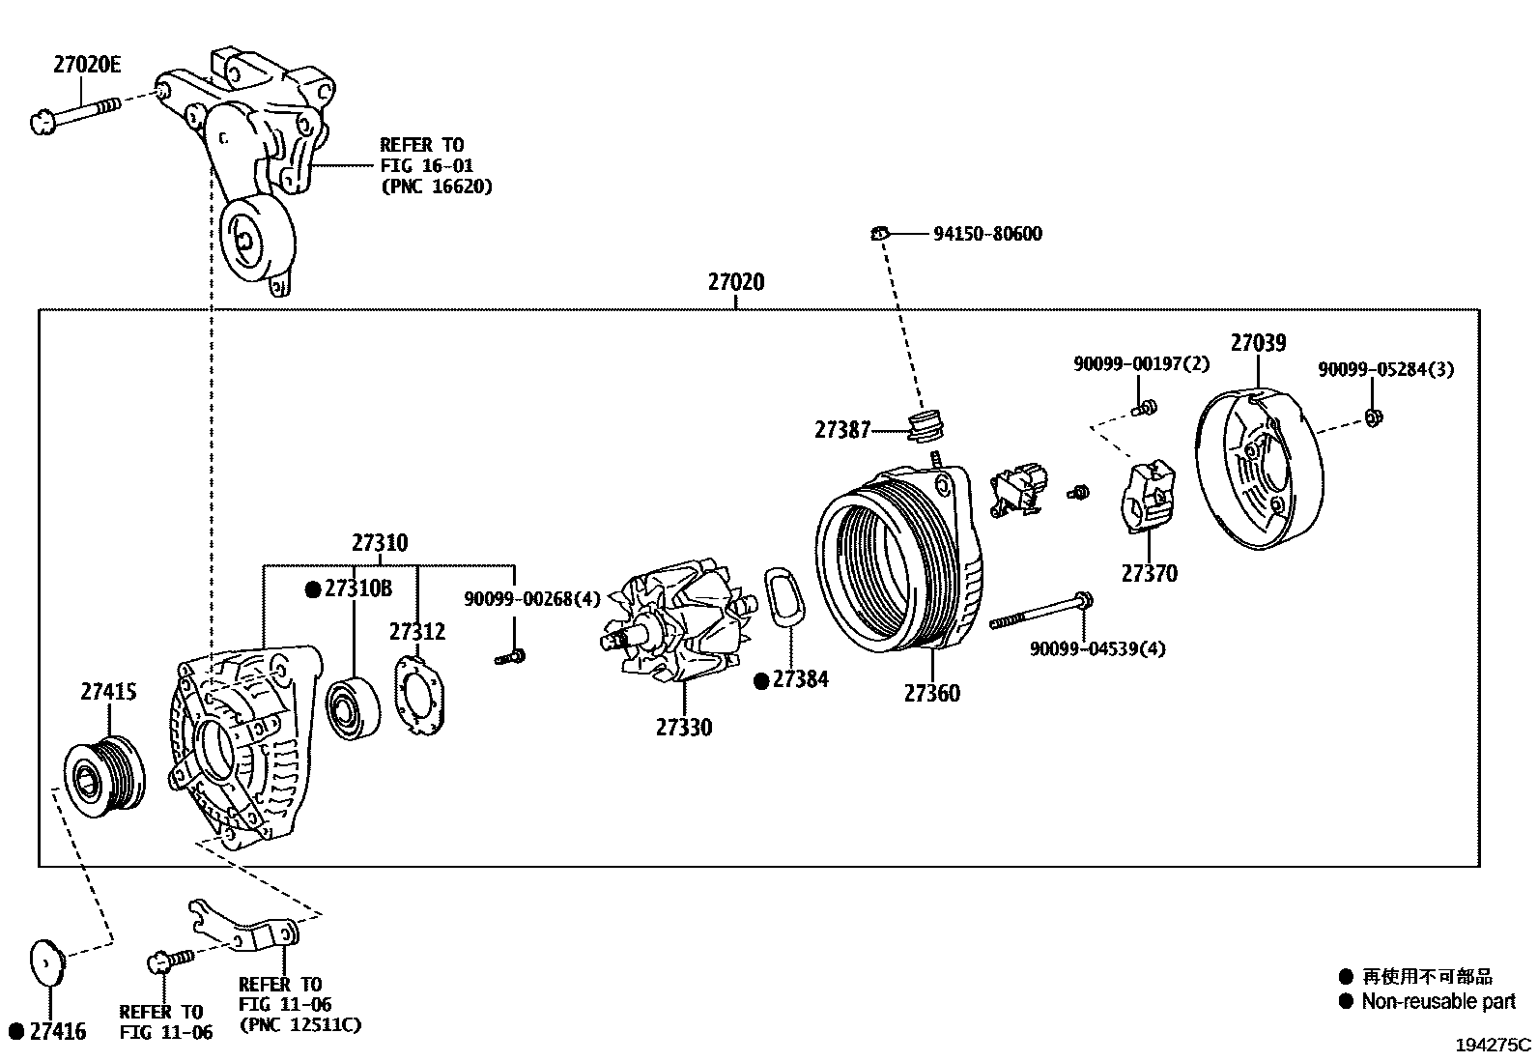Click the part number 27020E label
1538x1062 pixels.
coord(87,65)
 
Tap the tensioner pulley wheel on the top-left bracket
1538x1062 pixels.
coord(250,236)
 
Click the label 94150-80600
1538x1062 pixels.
coord(986,234)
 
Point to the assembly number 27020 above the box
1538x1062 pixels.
coord(735,282)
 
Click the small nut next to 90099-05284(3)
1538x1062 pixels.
coord(1375,417)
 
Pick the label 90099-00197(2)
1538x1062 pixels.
coord(1140,365)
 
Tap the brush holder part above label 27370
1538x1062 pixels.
coord(1147,496)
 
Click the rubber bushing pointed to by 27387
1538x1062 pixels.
coord(928,426)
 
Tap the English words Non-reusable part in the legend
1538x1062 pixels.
coord(1438,1002)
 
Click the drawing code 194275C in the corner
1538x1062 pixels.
coord(1494,1045)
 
